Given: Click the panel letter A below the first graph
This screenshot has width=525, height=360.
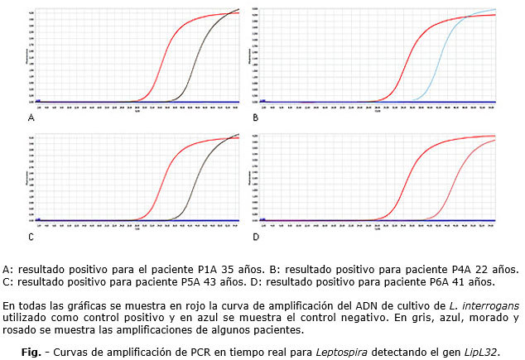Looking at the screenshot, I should tap(31, 118).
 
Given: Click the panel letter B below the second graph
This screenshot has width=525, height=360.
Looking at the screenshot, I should tap(256, 118).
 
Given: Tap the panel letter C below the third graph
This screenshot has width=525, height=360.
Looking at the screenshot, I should tap(31, 238).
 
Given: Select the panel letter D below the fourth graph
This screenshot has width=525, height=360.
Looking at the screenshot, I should tap(256, 238).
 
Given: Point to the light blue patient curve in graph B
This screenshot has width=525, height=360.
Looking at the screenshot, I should tap(440, 58).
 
